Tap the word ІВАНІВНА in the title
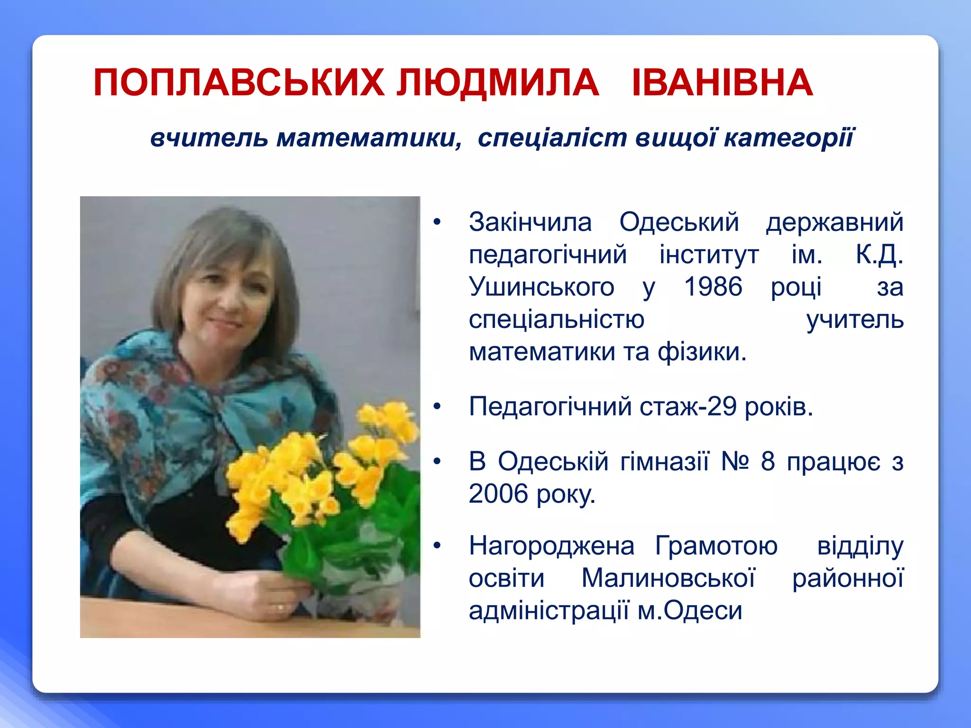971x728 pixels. click(723, 83)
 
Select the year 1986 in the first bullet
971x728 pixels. click(713, 287)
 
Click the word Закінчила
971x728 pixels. click(530, 222)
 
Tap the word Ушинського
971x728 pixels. click(541, 287)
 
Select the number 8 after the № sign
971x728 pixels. click(768, 461)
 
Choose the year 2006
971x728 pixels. click(498, 494)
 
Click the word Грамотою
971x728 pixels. click(716, 546)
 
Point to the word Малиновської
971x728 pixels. click(668, 578)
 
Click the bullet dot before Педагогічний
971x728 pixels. click(437, 407)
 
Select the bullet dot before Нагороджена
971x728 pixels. click(437, 546)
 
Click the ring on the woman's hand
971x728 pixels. click(281, 607)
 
